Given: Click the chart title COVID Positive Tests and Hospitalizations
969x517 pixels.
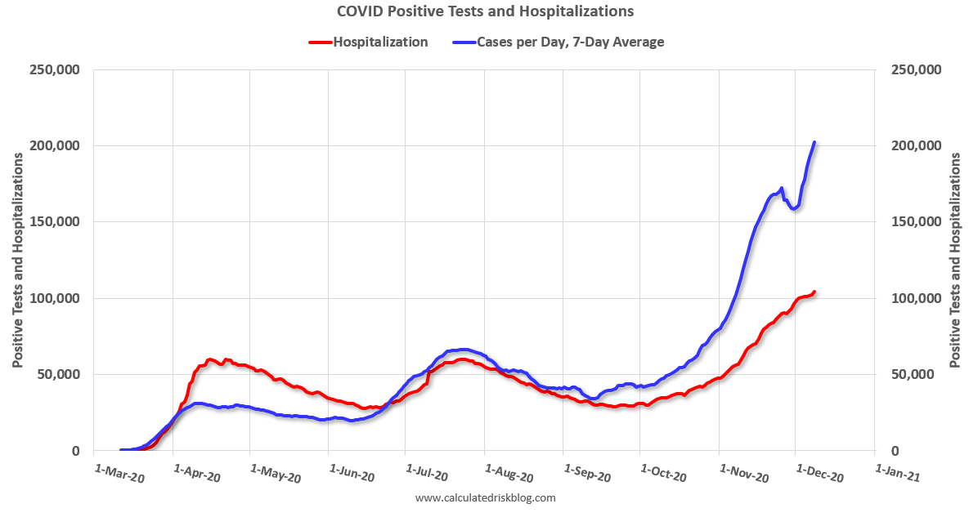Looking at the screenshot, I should coord(485,11).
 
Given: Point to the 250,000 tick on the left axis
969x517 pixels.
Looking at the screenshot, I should coord(54,70).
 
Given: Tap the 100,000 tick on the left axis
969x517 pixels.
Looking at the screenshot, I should coord(54,298).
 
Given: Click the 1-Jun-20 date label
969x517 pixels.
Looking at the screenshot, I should coord(352,473).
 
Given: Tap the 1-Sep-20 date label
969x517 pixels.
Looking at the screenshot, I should coord(587,473).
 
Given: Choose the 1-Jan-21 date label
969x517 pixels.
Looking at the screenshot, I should coord(898,473).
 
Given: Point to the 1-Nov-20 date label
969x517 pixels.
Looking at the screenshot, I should coord(742,473).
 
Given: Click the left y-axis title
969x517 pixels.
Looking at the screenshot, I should coord(17,260).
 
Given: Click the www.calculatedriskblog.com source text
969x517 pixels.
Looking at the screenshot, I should coord(485,497).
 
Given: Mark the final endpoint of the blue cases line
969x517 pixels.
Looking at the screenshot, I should coord(814,143).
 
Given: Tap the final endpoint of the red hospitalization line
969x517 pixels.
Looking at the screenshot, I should coord(814,292).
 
